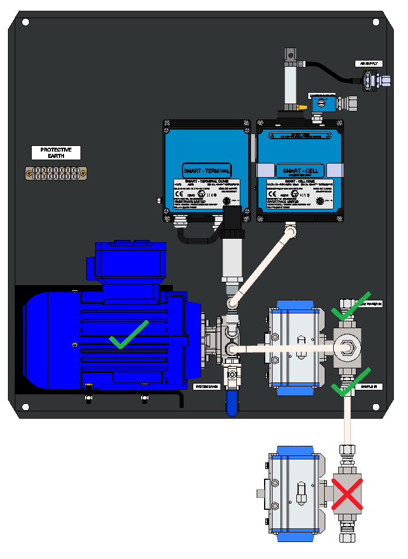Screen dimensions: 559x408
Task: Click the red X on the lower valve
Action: coord(347,493)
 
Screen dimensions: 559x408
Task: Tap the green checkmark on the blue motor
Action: coord(129,334)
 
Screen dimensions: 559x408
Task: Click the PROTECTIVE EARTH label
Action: coord(56,152)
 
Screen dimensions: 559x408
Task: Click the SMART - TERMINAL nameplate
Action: coord(206,170)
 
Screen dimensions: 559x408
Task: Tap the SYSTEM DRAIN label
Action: coord(206,386)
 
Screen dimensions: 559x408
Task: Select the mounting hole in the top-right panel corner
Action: coord(375,22)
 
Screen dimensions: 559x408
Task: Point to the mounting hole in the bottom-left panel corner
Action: coord(25,406)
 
